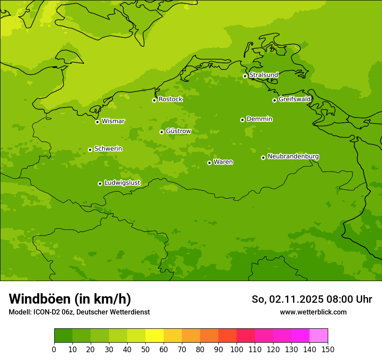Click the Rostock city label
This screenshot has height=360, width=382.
[170, 99]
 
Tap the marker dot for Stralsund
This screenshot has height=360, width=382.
[245, 76]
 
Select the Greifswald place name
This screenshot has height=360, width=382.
[294, 99]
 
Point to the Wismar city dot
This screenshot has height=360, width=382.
[97, 122]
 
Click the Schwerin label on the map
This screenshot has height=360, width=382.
[108, 149]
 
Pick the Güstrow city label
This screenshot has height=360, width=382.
[178, 131]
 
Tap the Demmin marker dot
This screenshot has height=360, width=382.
[242, 120]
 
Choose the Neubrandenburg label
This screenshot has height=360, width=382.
[293, 157]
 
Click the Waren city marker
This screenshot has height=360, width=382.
[209, 163]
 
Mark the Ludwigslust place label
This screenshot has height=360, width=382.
[122, 183]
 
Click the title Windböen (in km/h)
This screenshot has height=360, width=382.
[70, 299]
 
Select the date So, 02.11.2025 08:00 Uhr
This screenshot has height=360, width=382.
[312, 299]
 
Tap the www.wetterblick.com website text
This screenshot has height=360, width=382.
[313, 312]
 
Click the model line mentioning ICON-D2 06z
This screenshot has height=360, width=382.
[79, 312]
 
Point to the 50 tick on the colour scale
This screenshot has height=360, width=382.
[145, 350]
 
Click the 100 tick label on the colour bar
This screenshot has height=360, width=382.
[237, 350]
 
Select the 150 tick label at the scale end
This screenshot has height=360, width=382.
[328, 350]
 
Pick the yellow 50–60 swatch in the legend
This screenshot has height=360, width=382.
[155, 336]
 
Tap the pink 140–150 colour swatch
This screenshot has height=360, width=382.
[319, 336]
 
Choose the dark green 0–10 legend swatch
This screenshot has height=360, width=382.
[63, 336]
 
